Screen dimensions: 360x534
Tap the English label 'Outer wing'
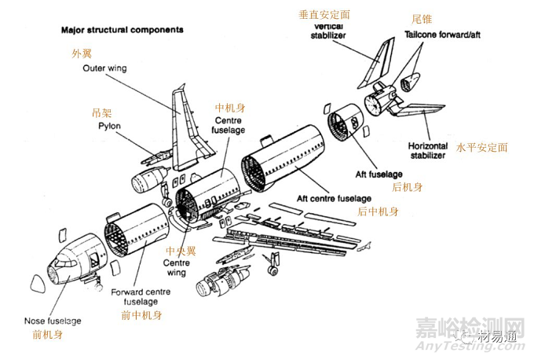(104, 68)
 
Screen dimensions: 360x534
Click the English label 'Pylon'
(108, 126)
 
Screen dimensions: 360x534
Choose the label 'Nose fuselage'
(51, 320)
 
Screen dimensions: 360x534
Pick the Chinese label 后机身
(408, 186)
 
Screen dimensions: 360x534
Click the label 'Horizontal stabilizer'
(427, 150)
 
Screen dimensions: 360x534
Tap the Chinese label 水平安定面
(482, 147)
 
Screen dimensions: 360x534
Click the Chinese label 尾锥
(422, 18)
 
